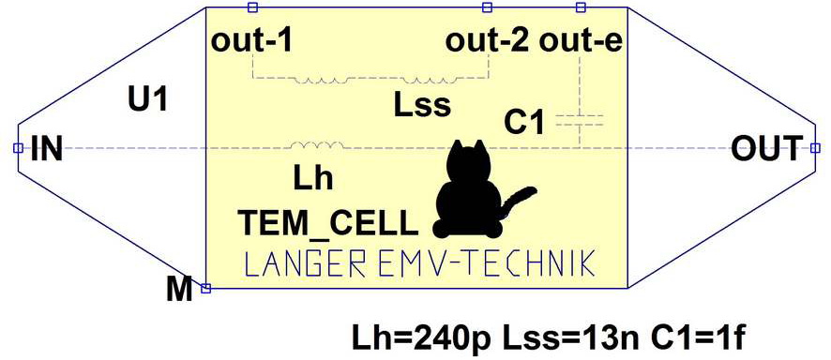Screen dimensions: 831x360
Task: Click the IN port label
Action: point(46,148)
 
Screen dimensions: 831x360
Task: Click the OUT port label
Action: point(767,148)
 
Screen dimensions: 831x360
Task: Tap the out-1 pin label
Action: point(251,41)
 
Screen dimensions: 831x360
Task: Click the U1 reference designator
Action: point(148,99)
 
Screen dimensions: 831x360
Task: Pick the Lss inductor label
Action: point(422,105)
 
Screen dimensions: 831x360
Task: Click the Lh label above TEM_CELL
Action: point(313,177)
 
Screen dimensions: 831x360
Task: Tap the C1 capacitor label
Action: point(524,122)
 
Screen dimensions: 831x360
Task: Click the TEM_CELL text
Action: point(325,223)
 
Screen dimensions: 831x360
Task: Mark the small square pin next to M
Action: point(206,288)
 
